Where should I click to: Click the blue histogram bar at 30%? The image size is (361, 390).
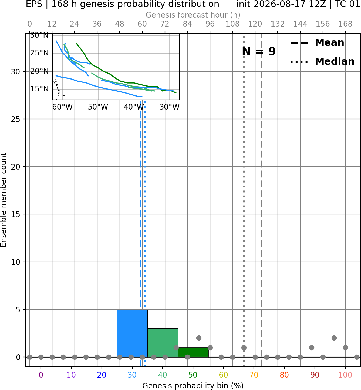[x=132, y=333]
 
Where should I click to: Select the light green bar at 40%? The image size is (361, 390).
[x=163, y=343]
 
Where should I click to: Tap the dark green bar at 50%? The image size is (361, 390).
[x=193, y=352]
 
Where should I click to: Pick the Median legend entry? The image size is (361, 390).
[x=322, y=61]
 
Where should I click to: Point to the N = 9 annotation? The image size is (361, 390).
[x=259, y=51]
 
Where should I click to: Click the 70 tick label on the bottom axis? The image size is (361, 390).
[x=254, y=375]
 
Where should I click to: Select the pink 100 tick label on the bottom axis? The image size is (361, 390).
[x=345, y=375]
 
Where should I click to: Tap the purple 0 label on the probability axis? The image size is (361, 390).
[x=41, y=375]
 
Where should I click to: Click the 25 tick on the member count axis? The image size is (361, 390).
[x=16, y=119]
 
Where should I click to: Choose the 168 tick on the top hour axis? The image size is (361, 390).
[x=346, y=24]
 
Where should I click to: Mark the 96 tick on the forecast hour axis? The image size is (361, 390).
[x=210, y=24]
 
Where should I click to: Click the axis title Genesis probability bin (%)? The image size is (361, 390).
[x=193, y=386]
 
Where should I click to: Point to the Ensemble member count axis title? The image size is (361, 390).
[x=4, y=200]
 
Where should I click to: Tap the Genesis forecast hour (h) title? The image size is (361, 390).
[x=193, y=15]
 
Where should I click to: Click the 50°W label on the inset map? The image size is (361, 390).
[x=98, y=107]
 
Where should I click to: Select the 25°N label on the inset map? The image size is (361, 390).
[x=39, y=53]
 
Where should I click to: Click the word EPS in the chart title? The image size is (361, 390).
[x=34, y=4]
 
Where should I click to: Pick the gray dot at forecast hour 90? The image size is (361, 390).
[x=199, y=338]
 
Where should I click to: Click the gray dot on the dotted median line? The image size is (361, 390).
[x=244, y=348]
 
